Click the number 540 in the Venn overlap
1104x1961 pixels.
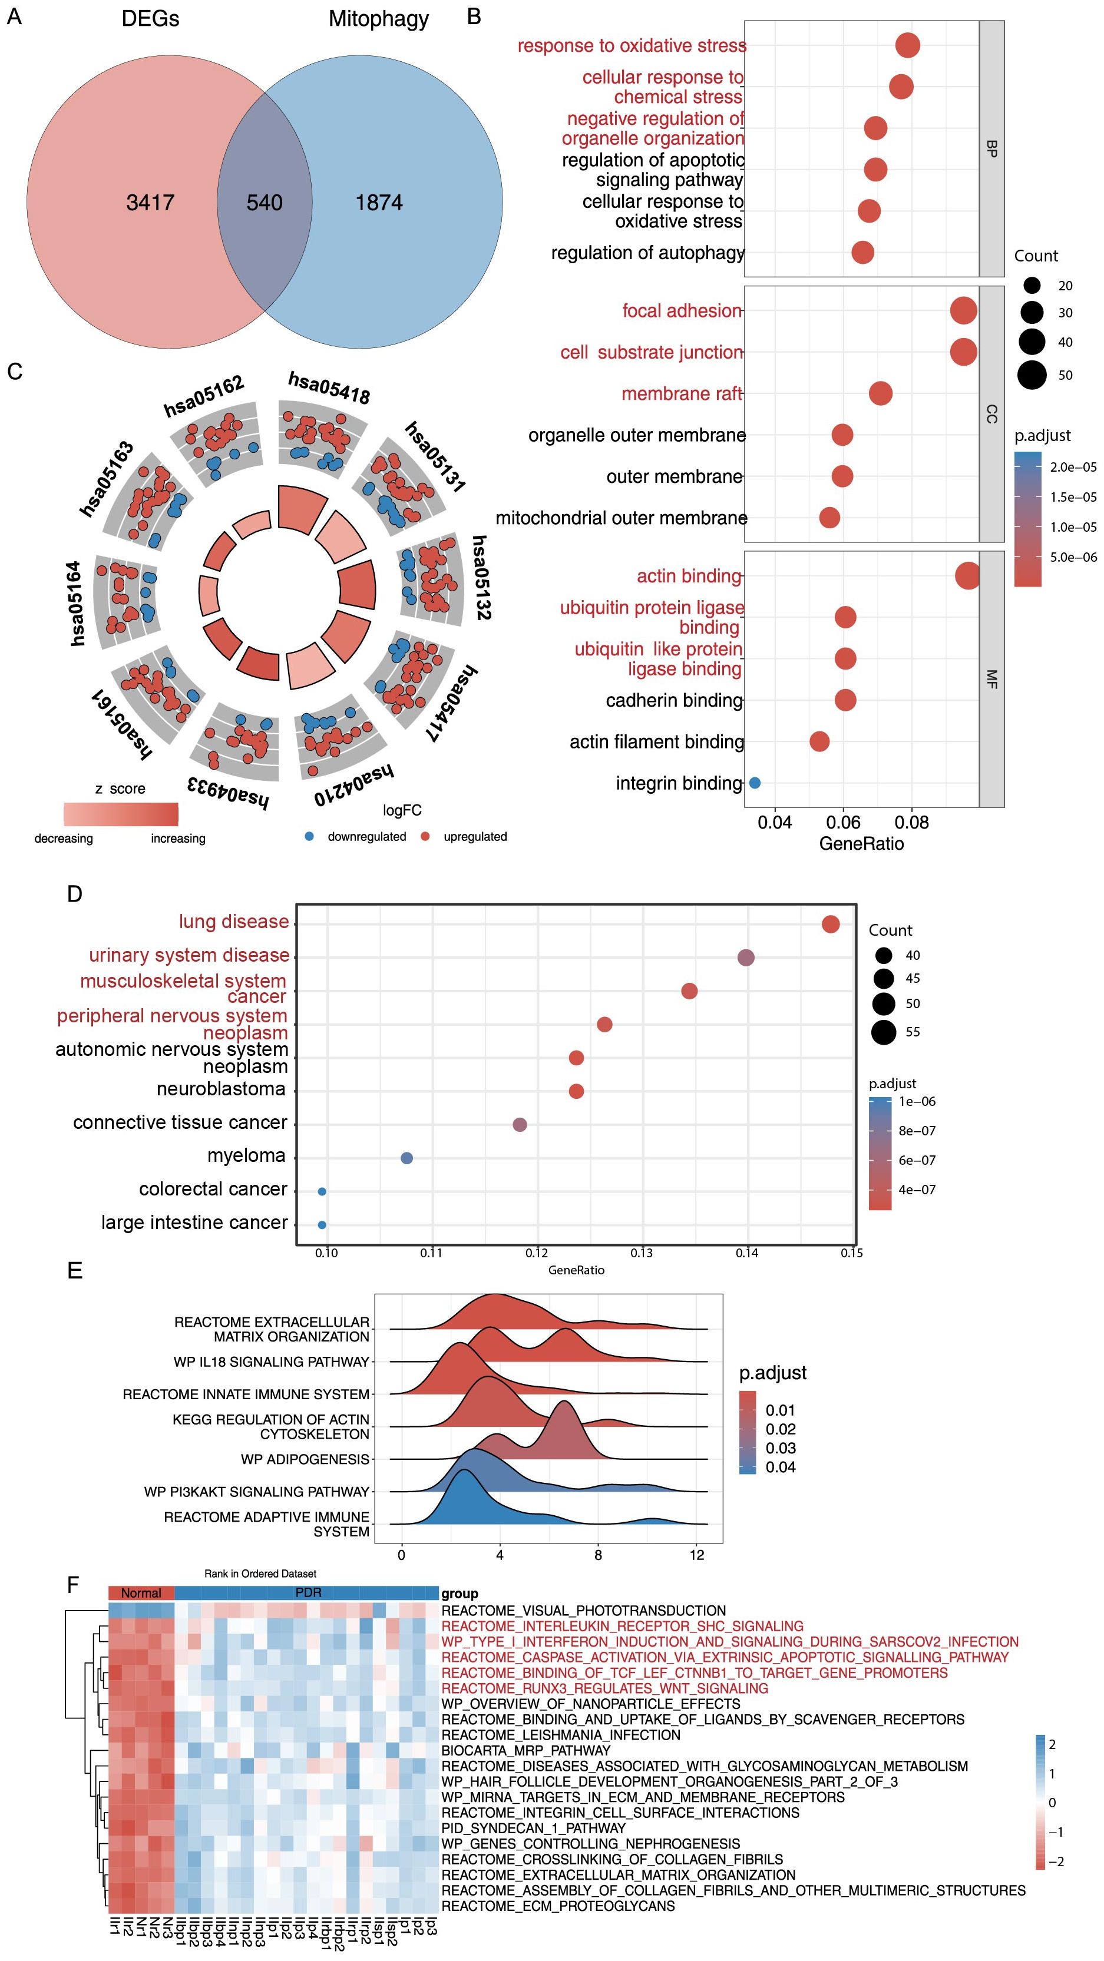[264, 203]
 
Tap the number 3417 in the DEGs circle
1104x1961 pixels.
[150, 203]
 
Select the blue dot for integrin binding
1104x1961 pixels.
[755, 782]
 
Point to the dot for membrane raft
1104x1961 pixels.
[880, 393]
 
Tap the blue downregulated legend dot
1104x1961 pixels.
[309, 837]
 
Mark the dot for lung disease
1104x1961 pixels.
[831, 923]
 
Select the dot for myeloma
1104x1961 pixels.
[406, 1158]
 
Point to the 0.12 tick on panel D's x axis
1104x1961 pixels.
[537, 1253]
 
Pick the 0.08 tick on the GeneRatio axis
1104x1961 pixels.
[911, 822]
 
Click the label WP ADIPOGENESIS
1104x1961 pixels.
[305, 1459]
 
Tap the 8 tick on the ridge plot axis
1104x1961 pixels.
[598, 1555]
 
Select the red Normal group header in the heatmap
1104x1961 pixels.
[141, 1592]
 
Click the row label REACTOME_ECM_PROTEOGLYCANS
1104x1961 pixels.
[558, 1906]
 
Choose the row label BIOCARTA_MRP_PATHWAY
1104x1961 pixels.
[525, 1750]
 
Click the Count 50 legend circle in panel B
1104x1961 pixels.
[1033, 375]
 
